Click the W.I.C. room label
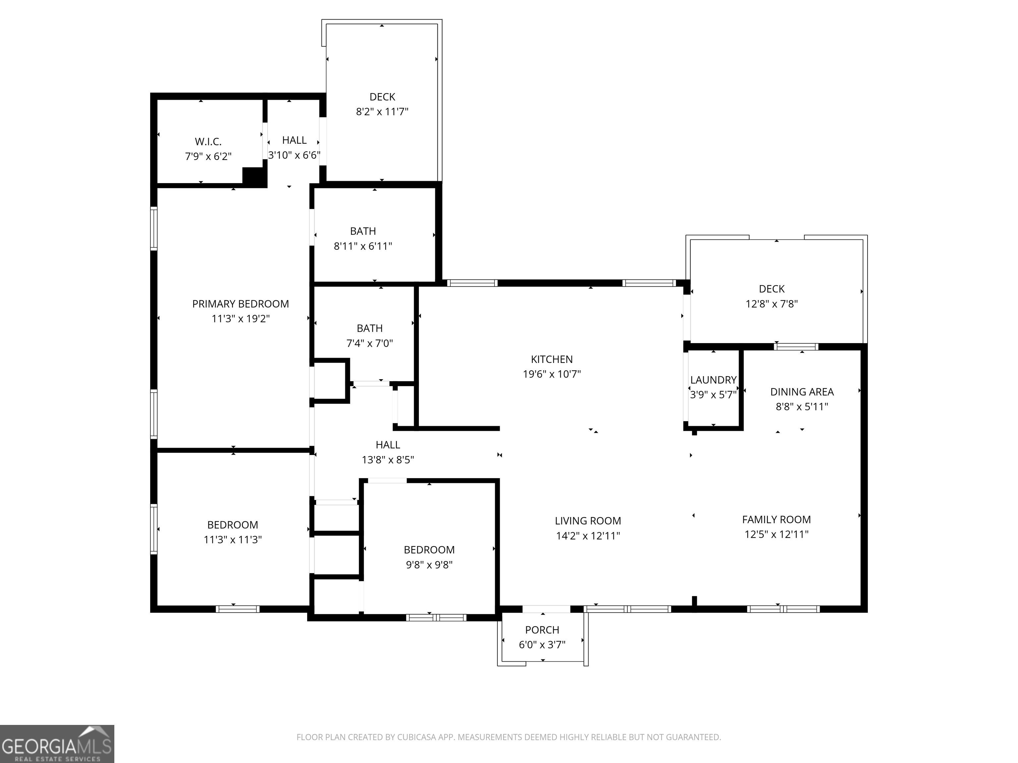[x=208, y=142]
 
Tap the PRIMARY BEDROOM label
[x=241, y=304]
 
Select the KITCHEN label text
[x=552, y=359]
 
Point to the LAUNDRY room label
[x=713, y=380]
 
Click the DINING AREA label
[x=802, y=392]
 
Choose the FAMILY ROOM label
[x=776, y=520]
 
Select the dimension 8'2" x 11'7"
[x=382, y=112]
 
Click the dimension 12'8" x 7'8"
[x=772, y=304]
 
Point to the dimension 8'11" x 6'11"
[x=363, y=246]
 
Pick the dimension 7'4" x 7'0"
[x=369, y=343]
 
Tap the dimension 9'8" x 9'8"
[x=429, y=565]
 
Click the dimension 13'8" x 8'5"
[x=388, y=459]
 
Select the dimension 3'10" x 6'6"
[x=295, y=155]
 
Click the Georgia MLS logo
[x=57, y=744]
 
